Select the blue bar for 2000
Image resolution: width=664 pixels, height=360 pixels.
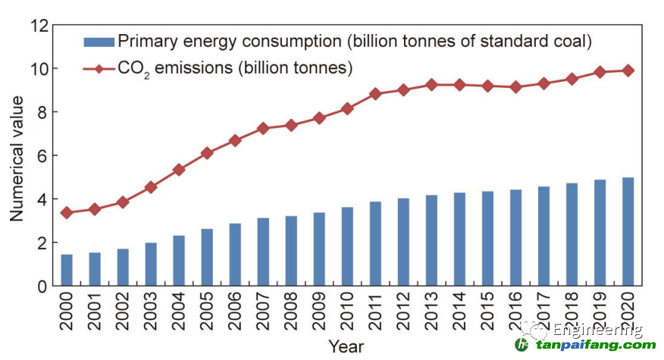67,270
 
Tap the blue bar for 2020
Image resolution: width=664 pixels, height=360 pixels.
628,231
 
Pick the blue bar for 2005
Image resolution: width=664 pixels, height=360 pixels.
207,257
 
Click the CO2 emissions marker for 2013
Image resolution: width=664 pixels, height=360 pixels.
431,85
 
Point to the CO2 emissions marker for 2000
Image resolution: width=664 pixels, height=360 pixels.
67,213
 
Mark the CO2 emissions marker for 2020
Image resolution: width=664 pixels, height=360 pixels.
628,70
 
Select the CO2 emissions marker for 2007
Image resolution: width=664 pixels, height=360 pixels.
263,129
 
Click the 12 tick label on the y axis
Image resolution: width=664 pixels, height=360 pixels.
39,26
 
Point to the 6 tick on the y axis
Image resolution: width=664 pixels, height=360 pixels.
44,156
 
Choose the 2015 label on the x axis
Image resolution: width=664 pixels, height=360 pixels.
487,311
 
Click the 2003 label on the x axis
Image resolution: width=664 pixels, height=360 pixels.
151,311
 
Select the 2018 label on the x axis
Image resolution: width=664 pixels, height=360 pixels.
572,311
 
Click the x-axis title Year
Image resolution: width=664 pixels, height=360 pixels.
346,347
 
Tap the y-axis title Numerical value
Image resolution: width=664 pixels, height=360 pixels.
17,158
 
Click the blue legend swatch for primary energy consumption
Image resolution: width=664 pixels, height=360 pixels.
98,41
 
